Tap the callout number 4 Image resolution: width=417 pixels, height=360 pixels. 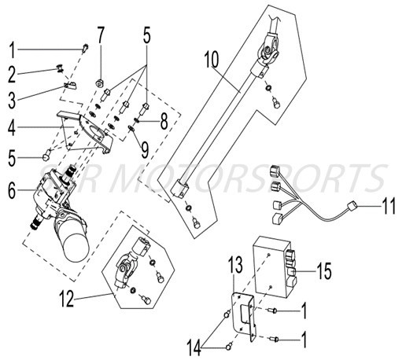(x=11, y=127)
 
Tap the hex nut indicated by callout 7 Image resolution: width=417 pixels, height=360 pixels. (x=100, y=81)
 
